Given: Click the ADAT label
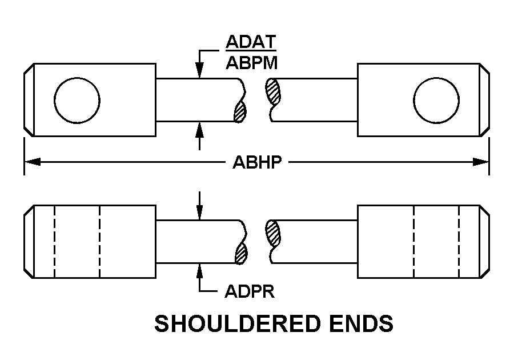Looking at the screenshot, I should point(251,42).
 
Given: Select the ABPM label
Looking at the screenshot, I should point(252,63).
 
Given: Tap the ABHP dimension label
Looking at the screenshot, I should point(257,163).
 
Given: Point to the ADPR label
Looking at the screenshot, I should point(250,292).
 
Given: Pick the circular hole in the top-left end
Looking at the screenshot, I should point(77,100).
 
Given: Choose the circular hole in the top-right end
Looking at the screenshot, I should point(436,100).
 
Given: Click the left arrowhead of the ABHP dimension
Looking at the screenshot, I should point(32,162).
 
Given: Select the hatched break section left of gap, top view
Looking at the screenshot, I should point(240,112).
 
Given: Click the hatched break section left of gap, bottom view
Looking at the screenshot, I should point(240,253).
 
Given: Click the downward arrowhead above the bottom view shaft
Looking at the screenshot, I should point(199,213).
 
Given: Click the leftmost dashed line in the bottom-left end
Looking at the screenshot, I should point(54,241).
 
